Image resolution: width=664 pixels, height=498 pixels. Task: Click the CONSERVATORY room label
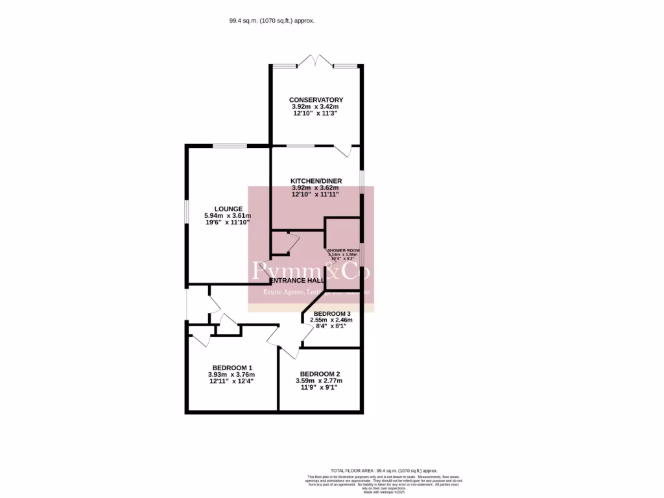316,100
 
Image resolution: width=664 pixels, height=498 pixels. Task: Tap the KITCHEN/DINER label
316,181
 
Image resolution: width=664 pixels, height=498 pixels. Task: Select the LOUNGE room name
228,209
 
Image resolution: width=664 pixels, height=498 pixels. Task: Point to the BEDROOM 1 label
231,368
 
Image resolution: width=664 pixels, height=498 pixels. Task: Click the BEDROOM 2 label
320,374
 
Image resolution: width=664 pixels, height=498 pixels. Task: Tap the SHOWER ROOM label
343,250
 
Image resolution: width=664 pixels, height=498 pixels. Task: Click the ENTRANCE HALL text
297,280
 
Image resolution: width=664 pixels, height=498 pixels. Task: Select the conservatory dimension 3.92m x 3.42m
316,107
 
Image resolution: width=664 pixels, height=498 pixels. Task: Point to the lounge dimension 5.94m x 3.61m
228,216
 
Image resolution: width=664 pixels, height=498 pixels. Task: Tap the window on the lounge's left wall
187,214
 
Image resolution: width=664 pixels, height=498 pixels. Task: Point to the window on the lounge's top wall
230,146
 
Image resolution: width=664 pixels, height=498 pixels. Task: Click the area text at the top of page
272,21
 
